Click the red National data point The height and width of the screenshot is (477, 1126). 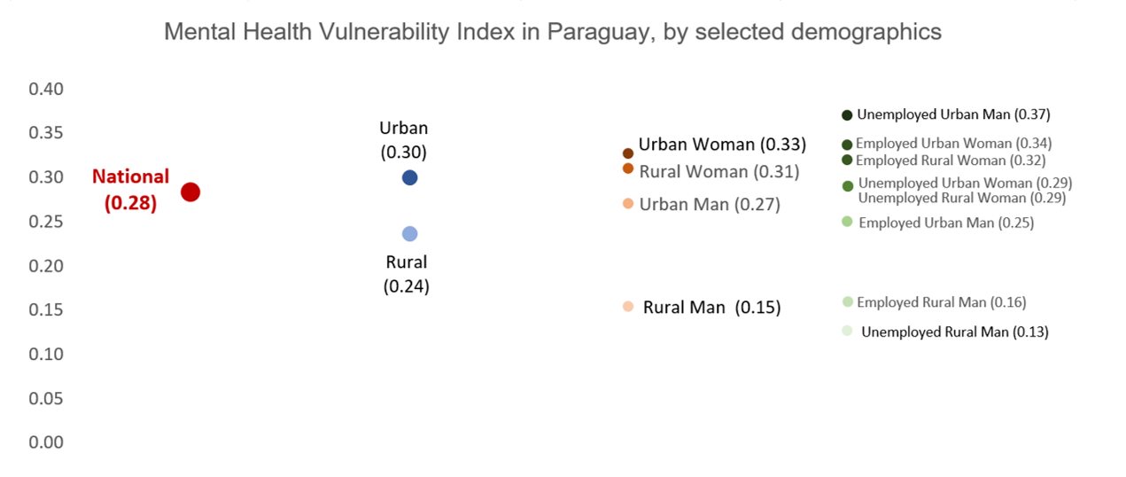click(x=190, y=192)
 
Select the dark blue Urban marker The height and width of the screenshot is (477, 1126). click(x=409, y=177)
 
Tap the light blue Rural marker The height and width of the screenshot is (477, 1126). click(x=409, y=234)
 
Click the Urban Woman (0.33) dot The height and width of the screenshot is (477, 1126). click(x=628, y=153)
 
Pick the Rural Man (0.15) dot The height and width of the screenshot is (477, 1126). click(x=628, y=307)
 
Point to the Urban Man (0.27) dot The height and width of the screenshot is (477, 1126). click(x=628, y=204)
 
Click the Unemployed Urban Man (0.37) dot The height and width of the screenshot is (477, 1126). click(x=847, y=115)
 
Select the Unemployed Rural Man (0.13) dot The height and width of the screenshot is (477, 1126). click(x=847, y=331)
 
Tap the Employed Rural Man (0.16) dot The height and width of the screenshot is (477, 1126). click(x=847, y=301)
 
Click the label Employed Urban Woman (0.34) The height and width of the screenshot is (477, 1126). click(x=953, y=143)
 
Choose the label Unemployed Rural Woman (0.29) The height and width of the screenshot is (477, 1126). click(x=962, y=198)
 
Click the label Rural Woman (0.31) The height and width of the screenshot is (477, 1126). click(x=719, y=172)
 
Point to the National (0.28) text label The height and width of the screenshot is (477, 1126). click(x=130, y=190)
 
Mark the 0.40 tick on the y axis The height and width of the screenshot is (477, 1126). click(x=46, y=89)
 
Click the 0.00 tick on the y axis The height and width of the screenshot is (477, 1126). click(x=46, y=442)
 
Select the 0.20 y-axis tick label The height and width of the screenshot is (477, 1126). click(x=46, y=265)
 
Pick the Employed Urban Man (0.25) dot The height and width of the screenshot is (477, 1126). click(x=847, y=222)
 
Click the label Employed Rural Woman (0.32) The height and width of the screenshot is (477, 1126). click(x=951, y=160)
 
